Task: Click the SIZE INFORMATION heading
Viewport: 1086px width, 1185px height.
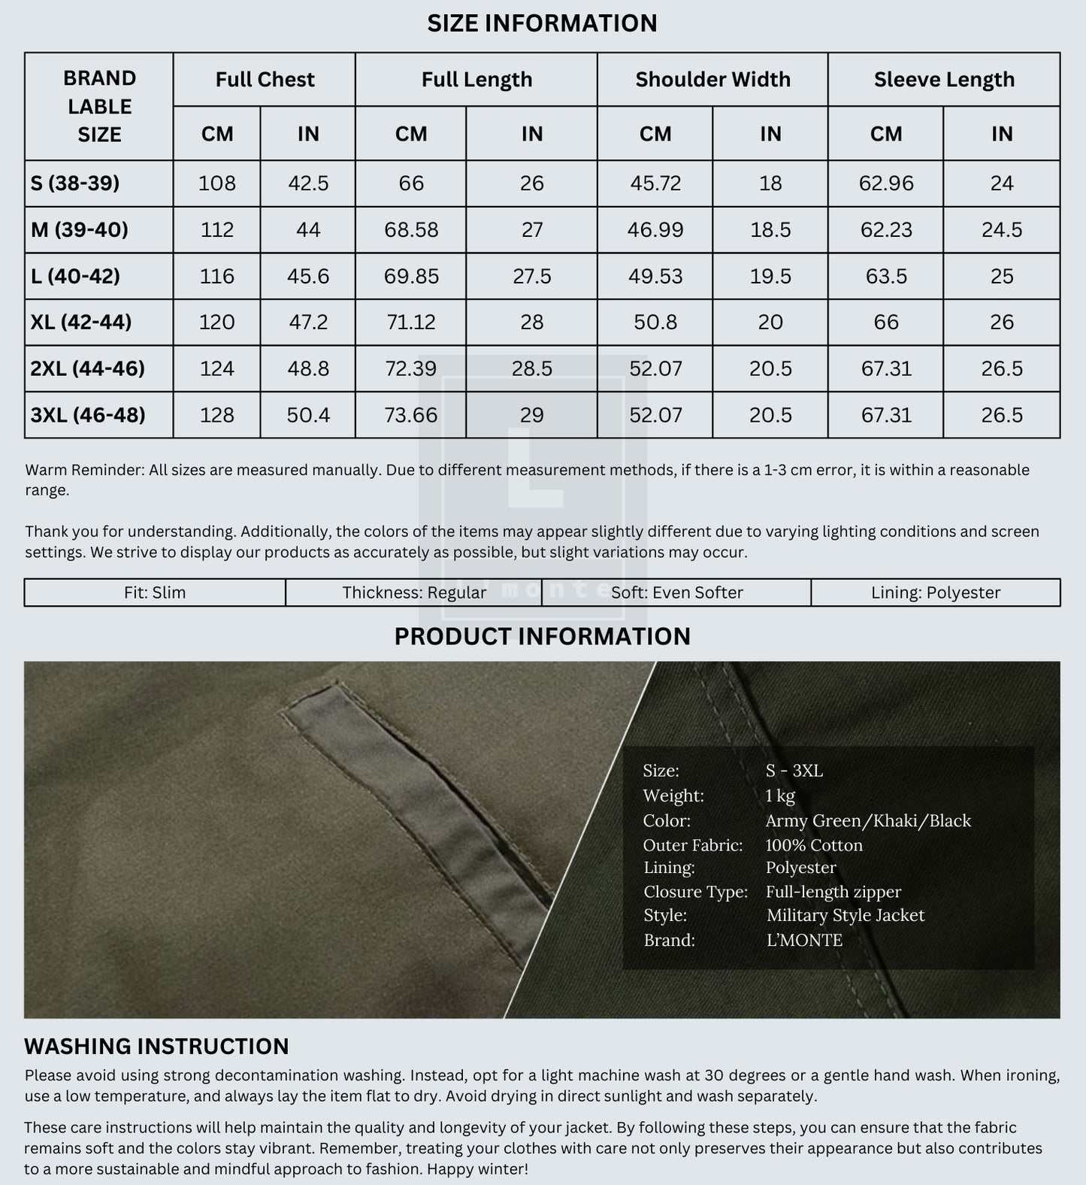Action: click(x=542, y=23)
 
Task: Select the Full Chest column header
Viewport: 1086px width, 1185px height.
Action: click(x=265, y=80)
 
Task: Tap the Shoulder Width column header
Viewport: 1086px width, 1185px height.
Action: click(x=712, y=80)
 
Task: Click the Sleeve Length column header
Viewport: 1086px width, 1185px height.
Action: click(x=944, y=80)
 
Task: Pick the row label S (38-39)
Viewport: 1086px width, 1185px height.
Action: click(x=75, y=183)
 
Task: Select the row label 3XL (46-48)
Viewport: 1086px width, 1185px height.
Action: click(x=88, y=415)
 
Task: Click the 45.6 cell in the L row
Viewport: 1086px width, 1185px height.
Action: click(x=308, y=276)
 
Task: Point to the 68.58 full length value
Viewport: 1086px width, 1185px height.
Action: click(x=411, y=230)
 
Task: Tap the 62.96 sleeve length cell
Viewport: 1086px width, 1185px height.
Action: click(x=886, y=183)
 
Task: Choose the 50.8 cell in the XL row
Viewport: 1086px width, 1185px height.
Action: click(x=655, y=323)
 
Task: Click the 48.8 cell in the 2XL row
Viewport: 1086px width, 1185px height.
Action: click(x=308, y=368)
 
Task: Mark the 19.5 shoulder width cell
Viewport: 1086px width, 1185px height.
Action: click(x=770, y=276)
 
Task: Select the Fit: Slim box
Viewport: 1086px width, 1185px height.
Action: click(x=155, y=592)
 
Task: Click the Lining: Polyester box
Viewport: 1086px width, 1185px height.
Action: click(x=936, y=592)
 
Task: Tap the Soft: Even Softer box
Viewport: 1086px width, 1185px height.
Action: click(x=676, y=592)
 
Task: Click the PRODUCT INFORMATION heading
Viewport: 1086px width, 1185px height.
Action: click(x=542, y=637)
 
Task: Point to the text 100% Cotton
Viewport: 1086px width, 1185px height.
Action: click(x=814, y=845)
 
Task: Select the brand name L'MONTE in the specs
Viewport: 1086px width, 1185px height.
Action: click(x=804, y=940)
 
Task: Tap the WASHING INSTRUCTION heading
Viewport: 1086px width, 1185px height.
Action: click(x=156, y=1047)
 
